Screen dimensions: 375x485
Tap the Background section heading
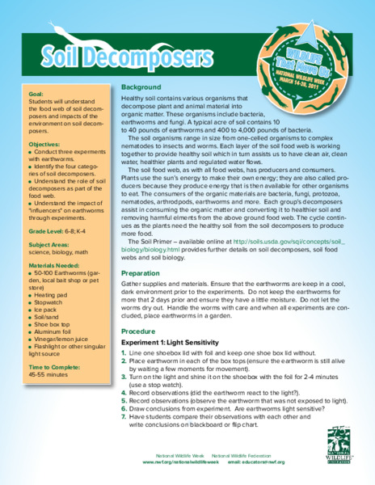point(142,86)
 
